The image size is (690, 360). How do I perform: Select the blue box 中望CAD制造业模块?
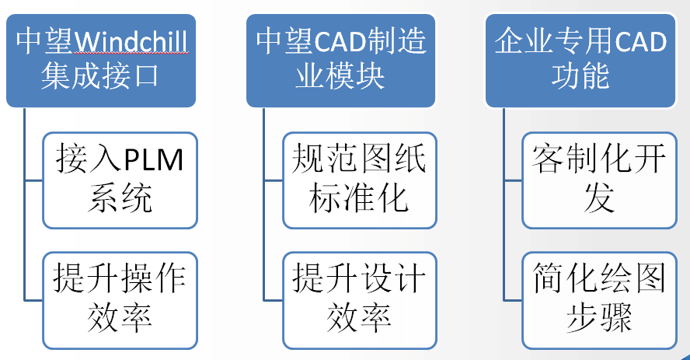[x=340, y=59]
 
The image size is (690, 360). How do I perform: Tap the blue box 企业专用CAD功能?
[x=580, y=59]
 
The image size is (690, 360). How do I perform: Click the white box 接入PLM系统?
[x=120, y=180]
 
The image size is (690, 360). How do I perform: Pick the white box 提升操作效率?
[x=120, y=299]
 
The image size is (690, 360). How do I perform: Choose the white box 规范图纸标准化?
[x=359, y=180]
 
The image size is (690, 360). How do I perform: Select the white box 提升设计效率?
[x=359, y=299]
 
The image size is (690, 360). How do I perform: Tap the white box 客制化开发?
[x=599, y=180]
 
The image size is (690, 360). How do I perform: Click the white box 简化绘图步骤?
[x=599, y=299]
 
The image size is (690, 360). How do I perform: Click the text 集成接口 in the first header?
[x=99, y=77]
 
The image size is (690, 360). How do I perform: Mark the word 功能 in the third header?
[x=580, y=77]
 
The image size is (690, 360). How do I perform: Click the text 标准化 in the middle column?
[x=359, y=199]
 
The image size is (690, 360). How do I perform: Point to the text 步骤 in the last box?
[x=599, y=318]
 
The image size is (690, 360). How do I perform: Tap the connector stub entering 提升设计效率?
[x=273, y=299]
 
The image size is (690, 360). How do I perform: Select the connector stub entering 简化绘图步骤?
[x=512, y=299]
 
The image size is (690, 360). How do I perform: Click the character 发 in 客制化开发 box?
[x=599, y=199]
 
